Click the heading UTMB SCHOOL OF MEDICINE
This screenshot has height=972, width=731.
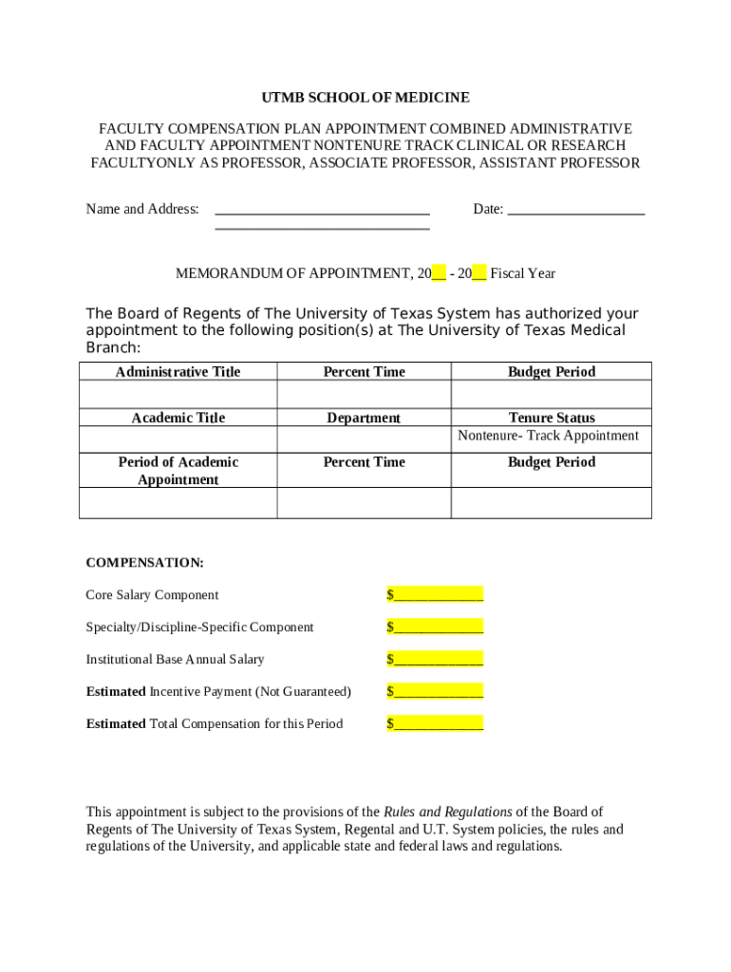(x=365, y=98)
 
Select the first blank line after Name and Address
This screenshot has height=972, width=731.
(x=322, y=210)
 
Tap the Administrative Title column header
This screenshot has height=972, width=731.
(x=178, y=372)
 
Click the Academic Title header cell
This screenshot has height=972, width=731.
(x=178, y=418)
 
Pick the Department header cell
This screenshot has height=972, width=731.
(x=364, y=418)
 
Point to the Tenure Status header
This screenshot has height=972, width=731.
(x=552, y=418)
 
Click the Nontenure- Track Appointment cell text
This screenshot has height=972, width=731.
(x=549, y=436)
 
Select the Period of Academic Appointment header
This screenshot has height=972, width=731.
(x=178, y=471)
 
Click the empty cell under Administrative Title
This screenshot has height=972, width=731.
(x=178, y=394)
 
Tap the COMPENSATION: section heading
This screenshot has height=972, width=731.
(x=144, y=563)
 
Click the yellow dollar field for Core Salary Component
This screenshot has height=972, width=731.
(x=435, y=595)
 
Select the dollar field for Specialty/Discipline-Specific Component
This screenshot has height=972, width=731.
(x=435, y=627)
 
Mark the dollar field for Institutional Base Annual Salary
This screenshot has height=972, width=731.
(x=435, y=660)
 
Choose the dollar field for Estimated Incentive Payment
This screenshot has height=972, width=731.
(x=435, y=692)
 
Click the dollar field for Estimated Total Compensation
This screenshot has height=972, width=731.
(x=435, y=724)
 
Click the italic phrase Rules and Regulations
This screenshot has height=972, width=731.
(x=447, y=813)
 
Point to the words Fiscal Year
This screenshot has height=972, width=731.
(x=522, y=274)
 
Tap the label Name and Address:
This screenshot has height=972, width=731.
(x=142, y=210)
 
